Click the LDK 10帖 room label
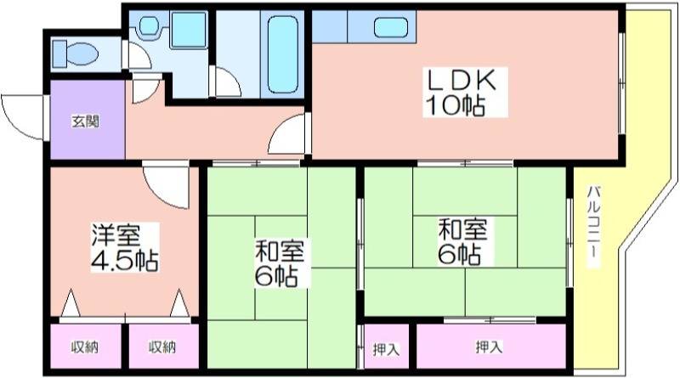(x=462, y=93)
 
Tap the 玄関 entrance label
(x=85, y=121)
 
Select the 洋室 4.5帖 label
(x=125, y=247)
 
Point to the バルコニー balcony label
(x=593, y=226)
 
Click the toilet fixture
(x=75, y=54)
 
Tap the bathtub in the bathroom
(x=283, y=55)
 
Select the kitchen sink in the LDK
(x=391, y=28)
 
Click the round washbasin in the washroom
(x=150, y=25)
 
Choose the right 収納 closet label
(x=162, y=347)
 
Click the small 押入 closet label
(x=386, y=349)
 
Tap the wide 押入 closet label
(x=490, y=347)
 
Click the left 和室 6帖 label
(x=280, y=263)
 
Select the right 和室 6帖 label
(x=462, y=241)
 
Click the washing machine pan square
(x=189, y=30)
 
